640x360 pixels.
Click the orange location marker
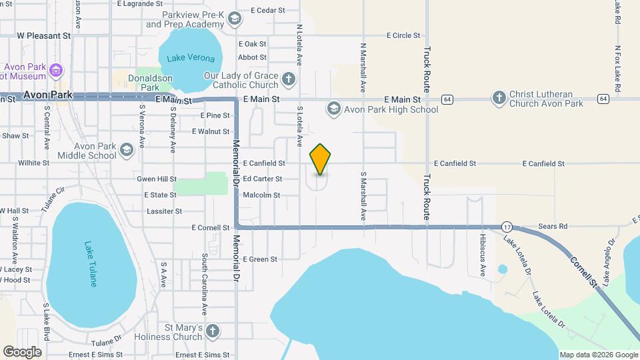pos(320,159)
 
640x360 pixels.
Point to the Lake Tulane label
pos(90,264)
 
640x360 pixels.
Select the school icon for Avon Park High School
pos(333,108)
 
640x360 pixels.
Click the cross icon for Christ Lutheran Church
pos(498,99)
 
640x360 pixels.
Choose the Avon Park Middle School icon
pos(126,151)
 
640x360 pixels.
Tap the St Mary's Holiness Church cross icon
pos(212,331)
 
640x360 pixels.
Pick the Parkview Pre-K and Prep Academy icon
pos(234,19)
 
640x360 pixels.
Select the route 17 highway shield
pos(507,227)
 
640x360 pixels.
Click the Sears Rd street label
pos(553,227)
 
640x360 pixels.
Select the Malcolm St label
pos(261,195)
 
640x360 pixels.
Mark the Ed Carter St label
pos(263,179)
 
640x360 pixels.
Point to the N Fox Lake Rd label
pos(618,69)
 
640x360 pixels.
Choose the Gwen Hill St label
pos(157,179)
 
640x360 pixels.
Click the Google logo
pos(22,351)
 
